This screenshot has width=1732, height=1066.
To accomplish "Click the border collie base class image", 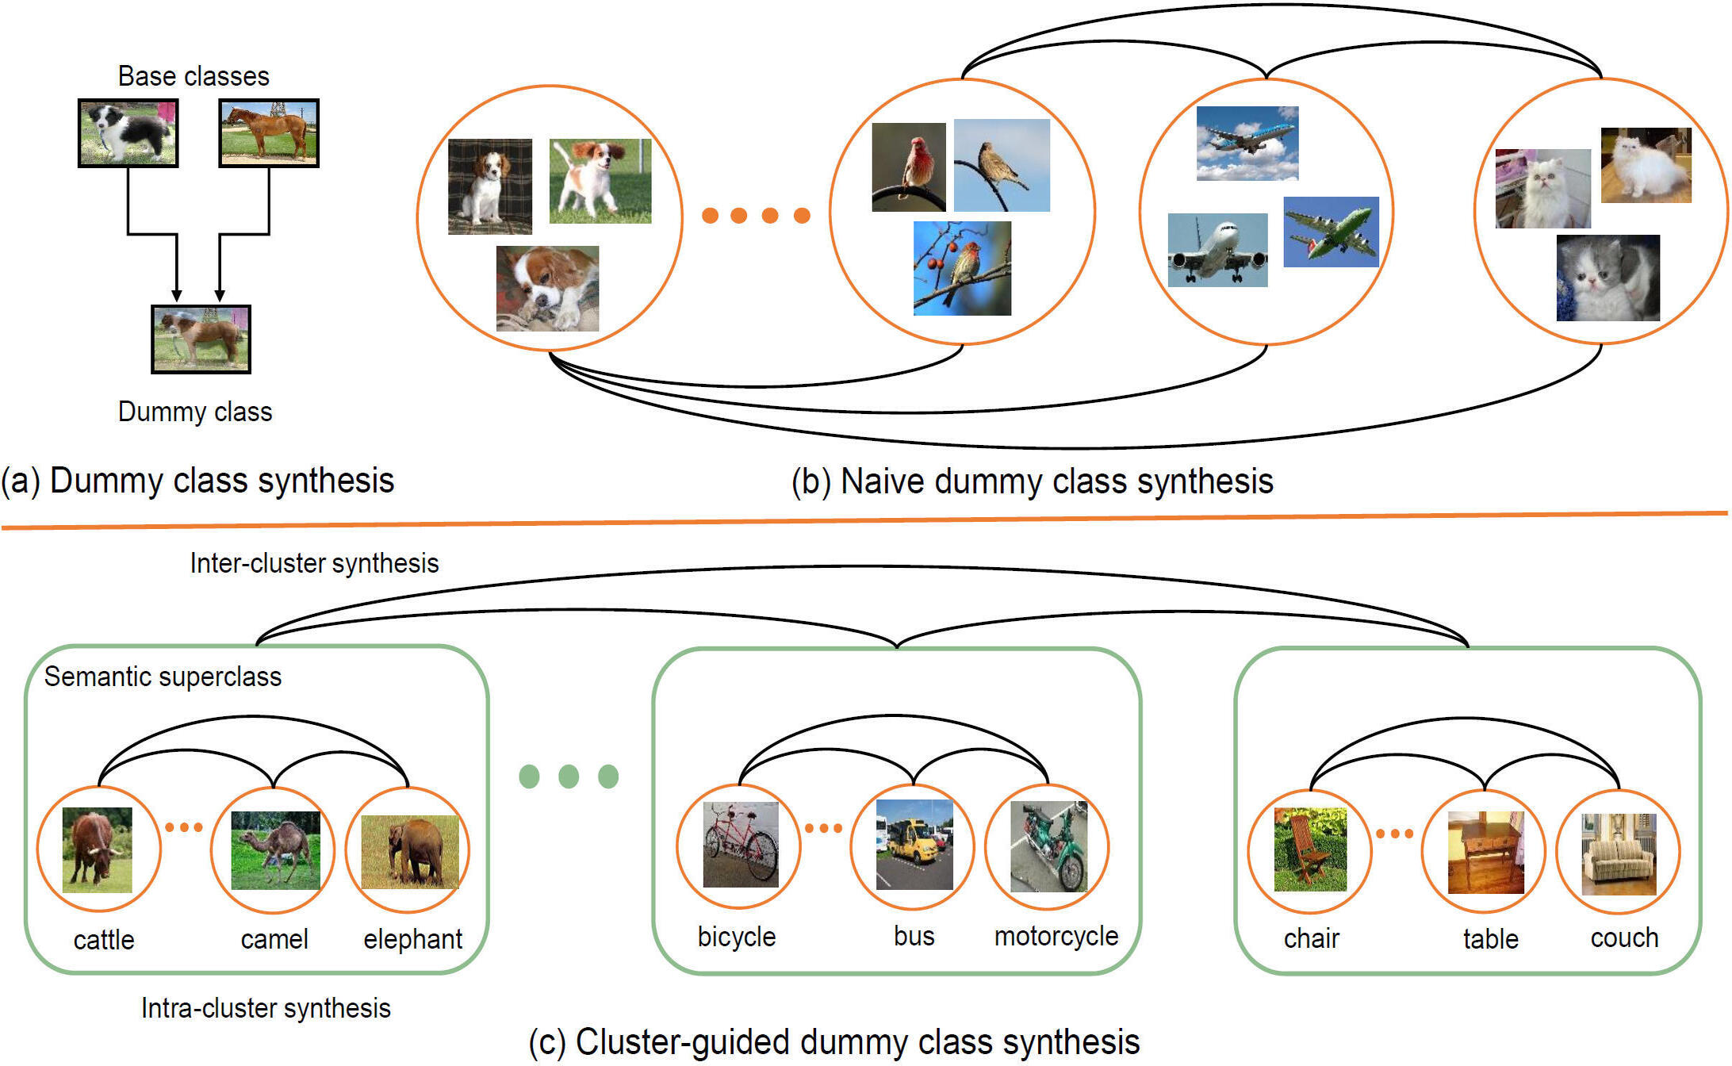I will pos(128,132).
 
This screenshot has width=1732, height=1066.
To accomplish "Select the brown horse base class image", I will pos(268,132).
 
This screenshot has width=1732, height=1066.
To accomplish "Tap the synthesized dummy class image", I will pos(201,339).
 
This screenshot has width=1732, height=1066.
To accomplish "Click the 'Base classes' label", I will pos(194,76).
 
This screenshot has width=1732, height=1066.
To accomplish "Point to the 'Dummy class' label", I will pos(195,412).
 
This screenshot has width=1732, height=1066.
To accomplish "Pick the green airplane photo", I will pos(1331,232).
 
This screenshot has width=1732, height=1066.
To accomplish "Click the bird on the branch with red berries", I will pos(962,269).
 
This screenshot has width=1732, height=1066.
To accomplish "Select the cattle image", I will pos(98,849).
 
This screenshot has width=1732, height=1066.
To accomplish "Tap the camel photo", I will pos(275,849).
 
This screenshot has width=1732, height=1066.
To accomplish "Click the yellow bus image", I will pos(914,844).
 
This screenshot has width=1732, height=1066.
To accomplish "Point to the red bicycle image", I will pos(741,844).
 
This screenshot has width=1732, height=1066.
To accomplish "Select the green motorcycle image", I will pos(1048,846).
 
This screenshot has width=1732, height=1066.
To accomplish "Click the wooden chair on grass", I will pos(1310,849).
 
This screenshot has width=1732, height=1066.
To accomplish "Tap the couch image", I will pos(1619,853).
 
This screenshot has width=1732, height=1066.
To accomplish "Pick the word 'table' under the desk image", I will pos(1490,939).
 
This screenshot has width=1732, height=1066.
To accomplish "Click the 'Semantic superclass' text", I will pos(163,677).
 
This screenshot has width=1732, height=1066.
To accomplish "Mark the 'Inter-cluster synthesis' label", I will pos(314,563).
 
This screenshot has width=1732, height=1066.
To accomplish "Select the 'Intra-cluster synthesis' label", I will pos(266,1008).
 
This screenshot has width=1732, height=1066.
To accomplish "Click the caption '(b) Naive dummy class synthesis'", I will pos(1033,481).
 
